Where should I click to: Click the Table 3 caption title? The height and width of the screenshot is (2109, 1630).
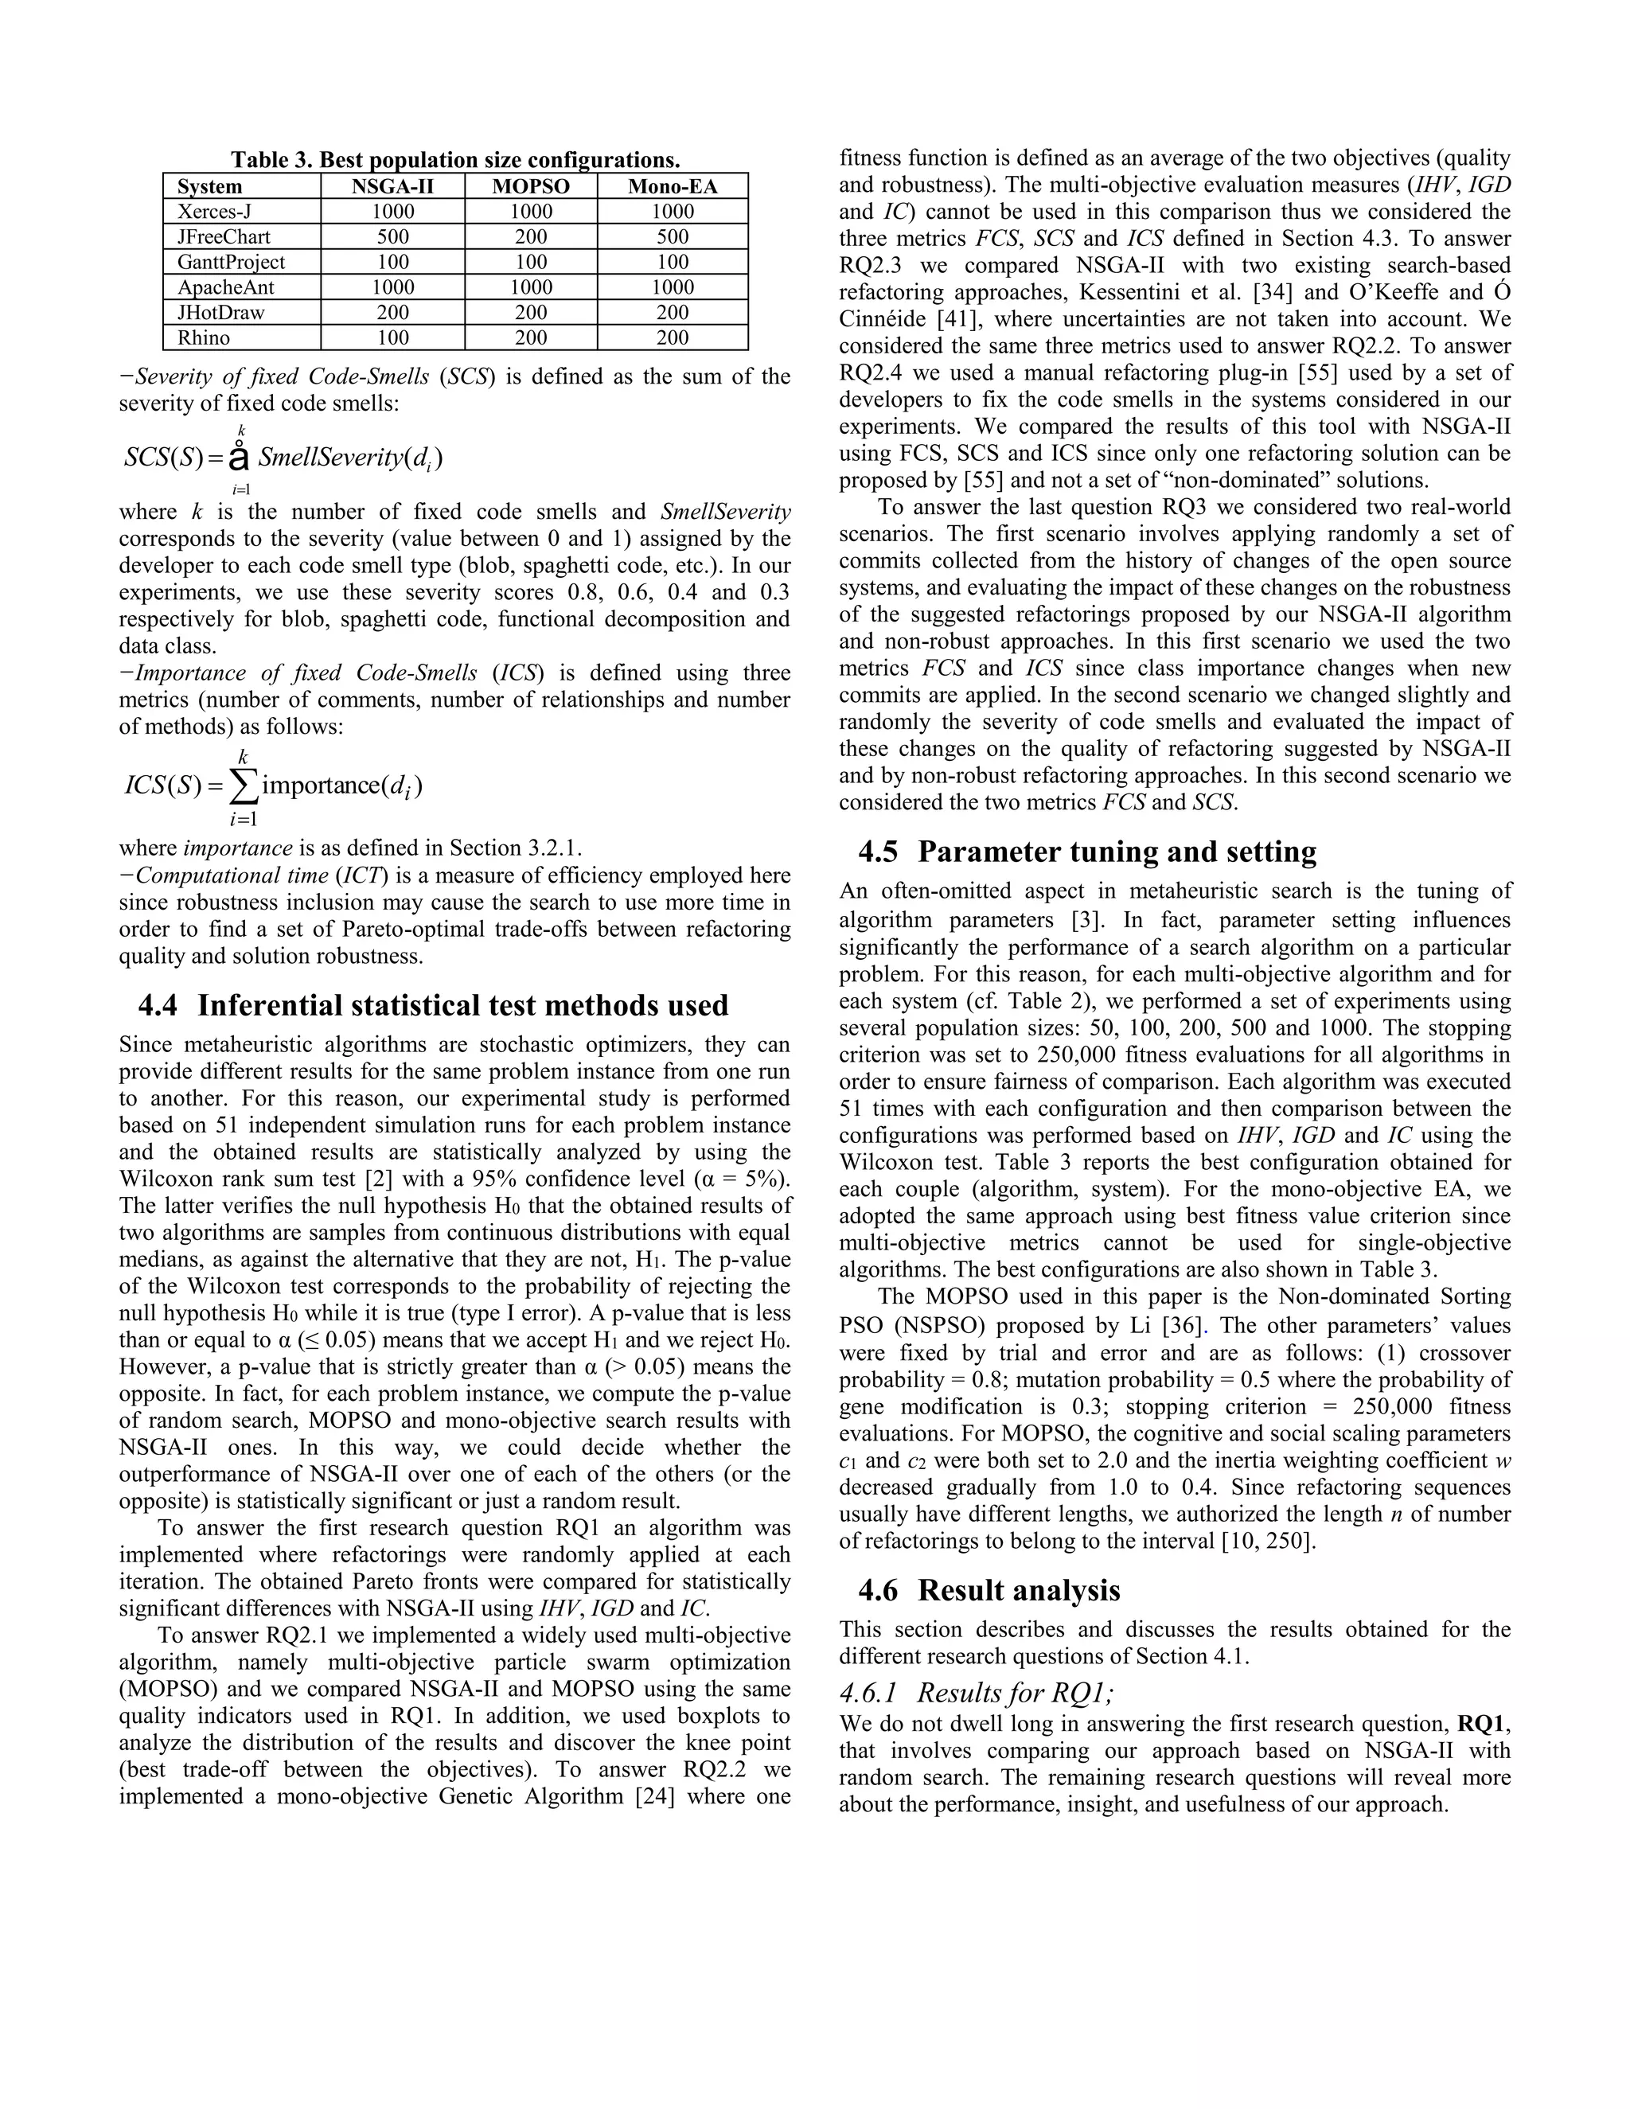click(x=454, y=159)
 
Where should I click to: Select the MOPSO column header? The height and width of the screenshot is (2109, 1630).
click(x=530, y=186)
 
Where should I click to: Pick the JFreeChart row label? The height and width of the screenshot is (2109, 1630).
click(x=223, y=236)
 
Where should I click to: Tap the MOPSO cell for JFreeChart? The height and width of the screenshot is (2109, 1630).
click(x=530, y=236)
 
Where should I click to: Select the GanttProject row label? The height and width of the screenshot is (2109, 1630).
click(x=231, y=262)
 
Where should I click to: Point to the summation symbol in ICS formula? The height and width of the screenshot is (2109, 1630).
click(x=244, y=786)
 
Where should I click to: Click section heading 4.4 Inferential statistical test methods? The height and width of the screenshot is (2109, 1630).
click(x=433, y=1005)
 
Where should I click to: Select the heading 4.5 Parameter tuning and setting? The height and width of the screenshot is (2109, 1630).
click(x=1087, y=852)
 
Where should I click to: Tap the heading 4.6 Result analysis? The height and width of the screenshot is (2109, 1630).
click(x=989, y=1590)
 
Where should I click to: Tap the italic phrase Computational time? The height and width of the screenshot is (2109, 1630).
click(x=232, y=876)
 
